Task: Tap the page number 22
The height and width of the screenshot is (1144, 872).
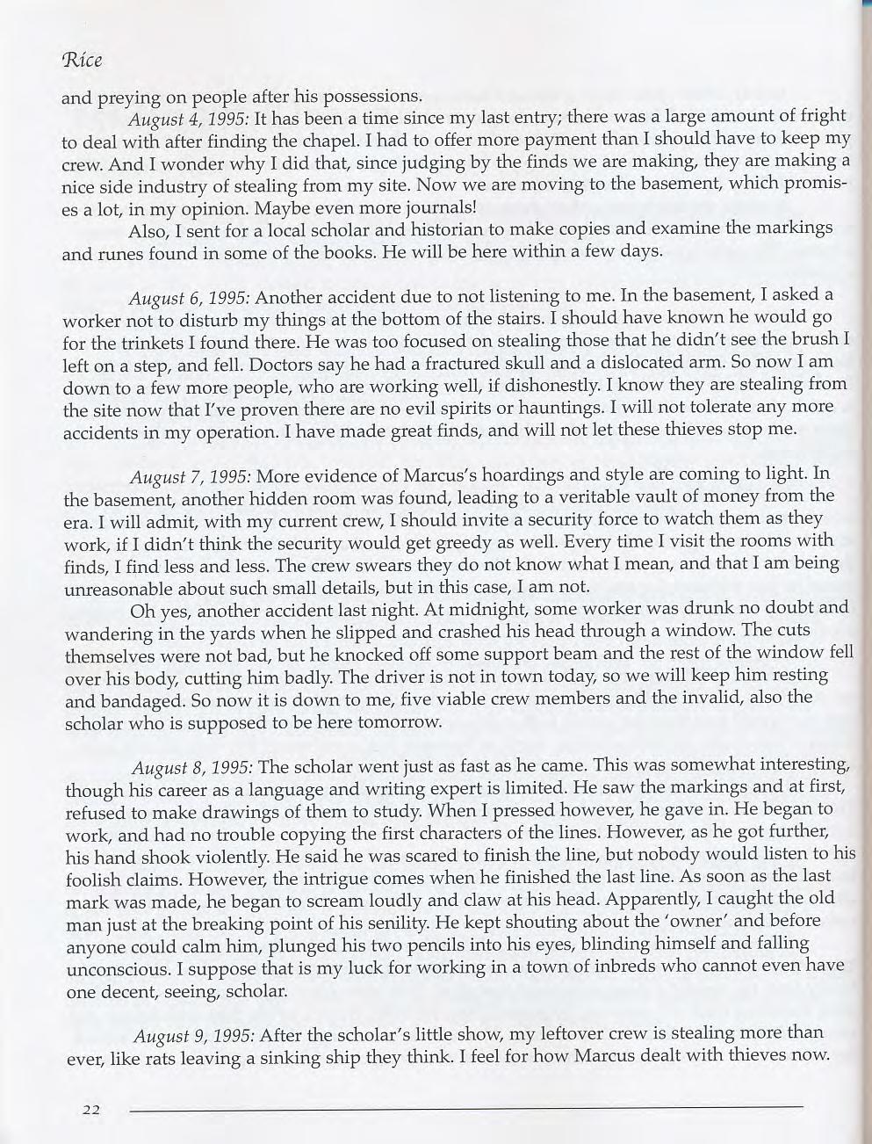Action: click(x=90, y=1109)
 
